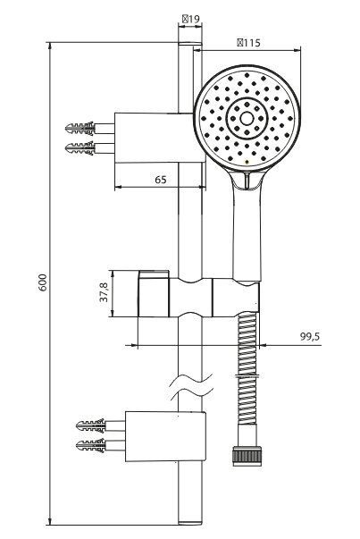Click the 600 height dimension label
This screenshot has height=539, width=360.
click(x=42, y=282)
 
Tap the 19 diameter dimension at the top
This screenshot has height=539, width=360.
click(x=191, y=19)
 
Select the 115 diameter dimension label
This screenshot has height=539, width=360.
click(x=248, y=43)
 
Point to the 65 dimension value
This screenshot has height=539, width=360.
click(x=161, y=180)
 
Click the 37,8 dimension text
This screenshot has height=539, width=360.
click(x=104, y=292)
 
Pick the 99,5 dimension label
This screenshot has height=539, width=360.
click(x=310, y=336)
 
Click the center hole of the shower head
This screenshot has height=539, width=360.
click(x=247, y=118)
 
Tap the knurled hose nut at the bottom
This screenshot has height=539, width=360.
click(x=247, y=456)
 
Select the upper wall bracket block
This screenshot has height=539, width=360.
click(x=160, y=138)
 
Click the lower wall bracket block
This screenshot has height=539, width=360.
click(x=165, y=436)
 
